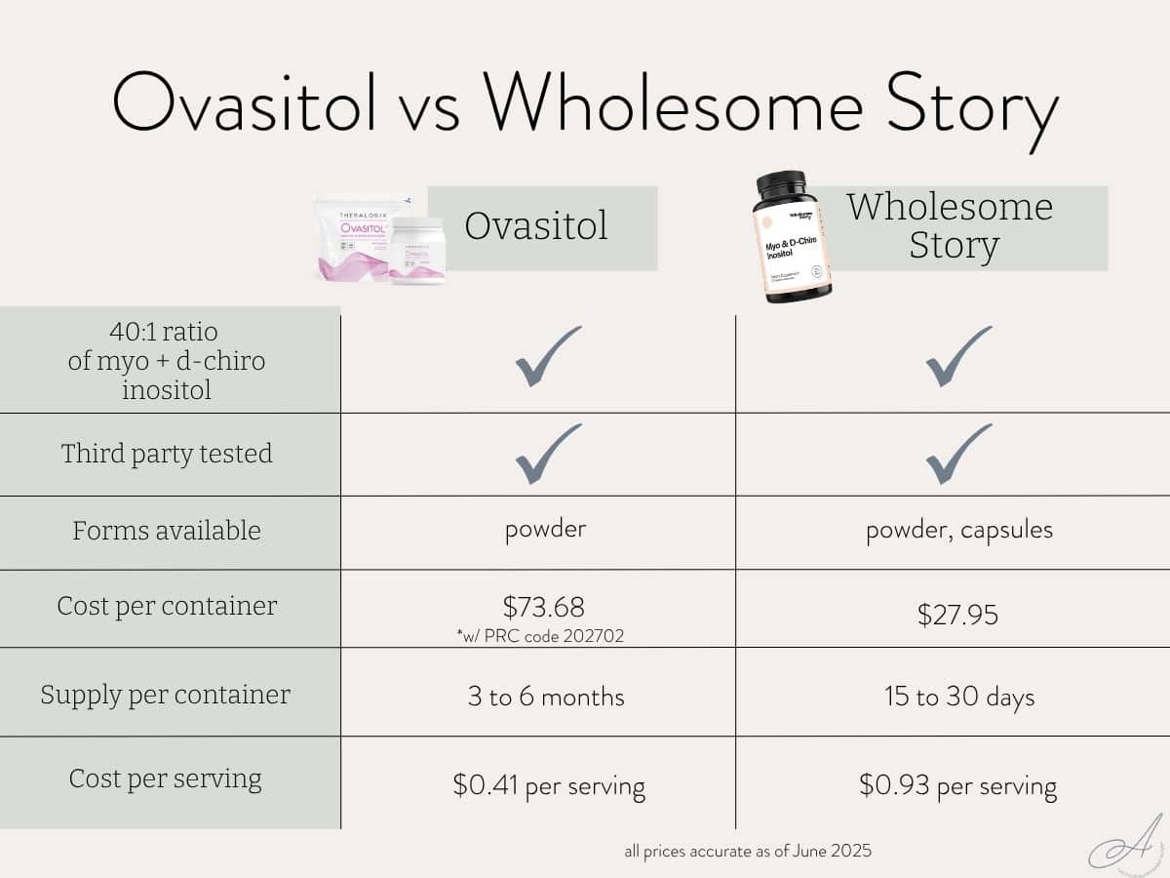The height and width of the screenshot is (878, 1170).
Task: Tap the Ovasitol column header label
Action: click(x=536, y=226)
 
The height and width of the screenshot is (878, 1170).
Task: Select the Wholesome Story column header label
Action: click(x=950, y=226)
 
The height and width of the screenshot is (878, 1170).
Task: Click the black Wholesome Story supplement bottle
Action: click(x=793, y=237)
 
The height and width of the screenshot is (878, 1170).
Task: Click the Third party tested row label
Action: click(x=167, y=454)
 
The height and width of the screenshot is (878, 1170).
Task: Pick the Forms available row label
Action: click(x=167, y=531)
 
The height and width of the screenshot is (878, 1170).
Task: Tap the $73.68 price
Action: click(x=544, y=607)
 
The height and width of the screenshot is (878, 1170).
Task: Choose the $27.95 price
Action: click(x=957, y=615)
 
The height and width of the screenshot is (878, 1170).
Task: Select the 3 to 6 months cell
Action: click(x=546, y=697)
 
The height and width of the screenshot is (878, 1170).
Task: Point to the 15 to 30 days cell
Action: click(x=957, y=697)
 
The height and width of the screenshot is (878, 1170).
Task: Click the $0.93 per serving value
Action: click(x=957, y=785)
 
